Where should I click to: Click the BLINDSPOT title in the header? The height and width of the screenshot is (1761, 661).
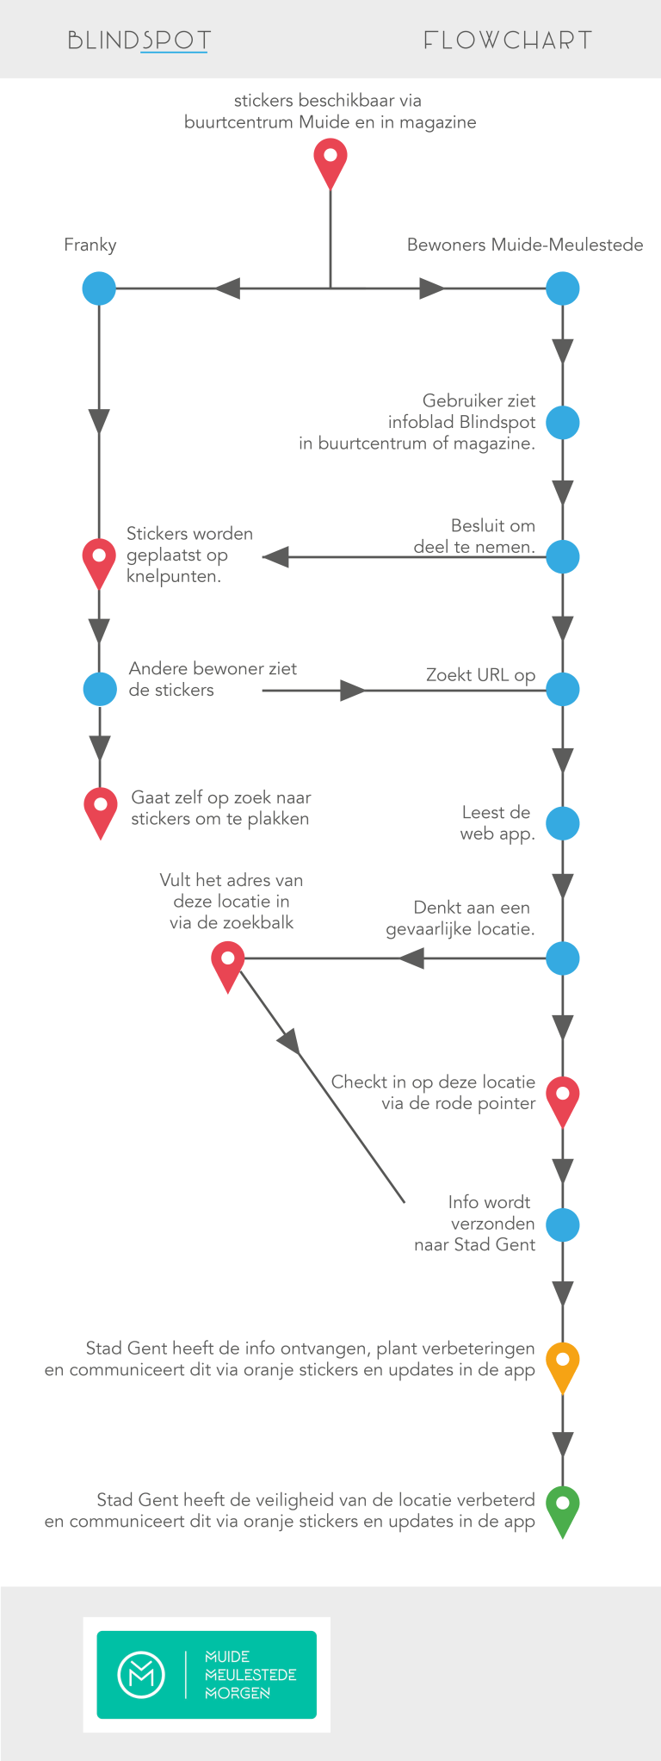click(x=139, y=40)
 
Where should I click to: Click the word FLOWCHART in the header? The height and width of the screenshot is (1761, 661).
click(x=508, y=40)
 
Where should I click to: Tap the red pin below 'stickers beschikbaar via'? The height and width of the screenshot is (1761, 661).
click(x=330, y=160)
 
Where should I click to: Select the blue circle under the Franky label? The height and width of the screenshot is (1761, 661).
click(x=99, y=288)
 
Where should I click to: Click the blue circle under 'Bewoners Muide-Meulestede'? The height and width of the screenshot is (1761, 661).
click(x=563, y=288)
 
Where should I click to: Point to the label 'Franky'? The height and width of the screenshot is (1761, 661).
click(x=90, y=245)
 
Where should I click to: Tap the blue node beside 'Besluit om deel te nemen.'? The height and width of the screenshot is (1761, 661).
click(x=563, y=557)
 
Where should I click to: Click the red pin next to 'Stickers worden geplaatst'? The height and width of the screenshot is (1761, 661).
click(x=99, y=560)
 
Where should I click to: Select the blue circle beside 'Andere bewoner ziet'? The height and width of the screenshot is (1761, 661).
click(x=100, y=689)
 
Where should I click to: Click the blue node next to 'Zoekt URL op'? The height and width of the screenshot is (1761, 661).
click(x=563, y=689)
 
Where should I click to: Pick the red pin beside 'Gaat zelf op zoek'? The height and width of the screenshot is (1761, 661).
click(x=101, y=809)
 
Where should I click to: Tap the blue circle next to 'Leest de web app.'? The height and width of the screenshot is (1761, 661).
click(x=563, y=823)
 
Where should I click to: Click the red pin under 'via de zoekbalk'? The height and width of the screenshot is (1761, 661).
click(x=228, y=962)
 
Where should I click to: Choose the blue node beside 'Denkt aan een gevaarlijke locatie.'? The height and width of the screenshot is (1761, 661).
click(x=563, y=958)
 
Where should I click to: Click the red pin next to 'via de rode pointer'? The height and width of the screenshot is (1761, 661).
click(x=563, y=1097)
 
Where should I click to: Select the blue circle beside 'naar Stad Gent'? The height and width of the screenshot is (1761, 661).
click(x=563, y=1225)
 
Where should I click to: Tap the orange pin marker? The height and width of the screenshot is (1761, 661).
click(x=563, y=1363)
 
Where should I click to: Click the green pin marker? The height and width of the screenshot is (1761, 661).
click(x=563, y=1507)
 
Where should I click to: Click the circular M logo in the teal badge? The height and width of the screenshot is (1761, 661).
click(x=141, y=1674)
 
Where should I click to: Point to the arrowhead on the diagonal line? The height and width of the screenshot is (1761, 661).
click(x=290, y=1041)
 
